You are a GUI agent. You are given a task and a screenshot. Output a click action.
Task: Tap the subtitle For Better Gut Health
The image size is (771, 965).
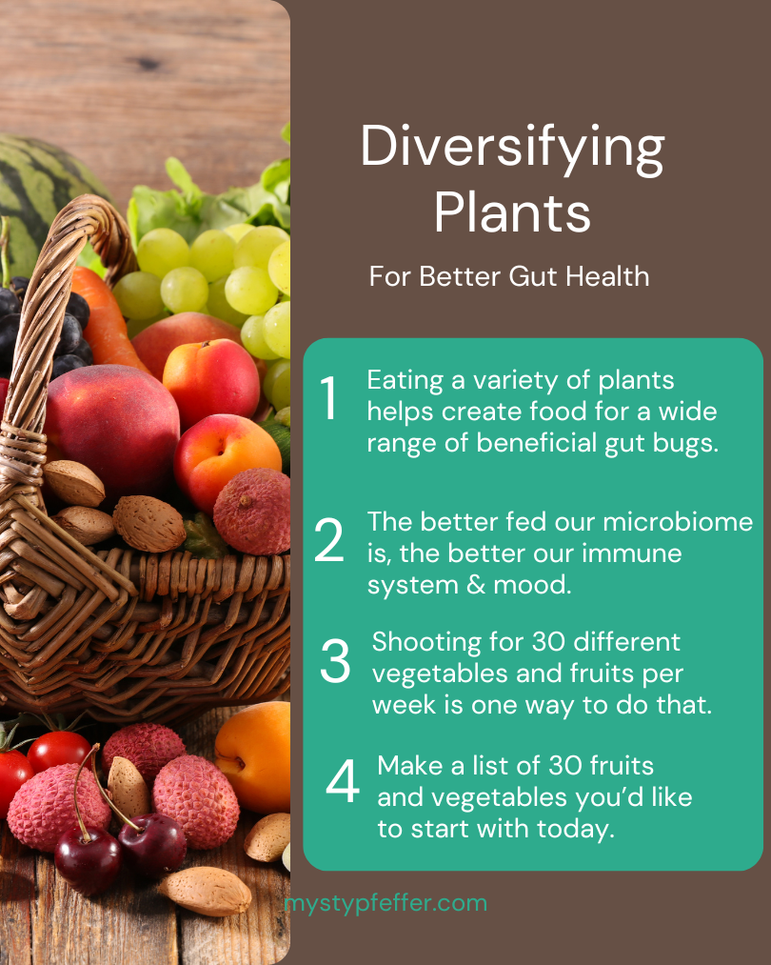(509, 276)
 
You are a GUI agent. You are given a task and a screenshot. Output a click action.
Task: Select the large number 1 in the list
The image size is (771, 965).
(329, 399)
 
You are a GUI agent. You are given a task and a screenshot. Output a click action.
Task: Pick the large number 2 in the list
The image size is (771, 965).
(329, 540)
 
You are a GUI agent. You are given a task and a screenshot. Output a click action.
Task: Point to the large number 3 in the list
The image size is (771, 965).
(335, 662)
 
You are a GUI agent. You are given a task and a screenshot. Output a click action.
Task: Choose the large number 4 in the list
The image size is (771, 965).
(342, 783)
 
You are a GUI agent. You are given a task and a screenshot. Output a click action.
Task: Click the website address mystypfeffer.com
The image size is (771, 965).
(385, 902)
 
